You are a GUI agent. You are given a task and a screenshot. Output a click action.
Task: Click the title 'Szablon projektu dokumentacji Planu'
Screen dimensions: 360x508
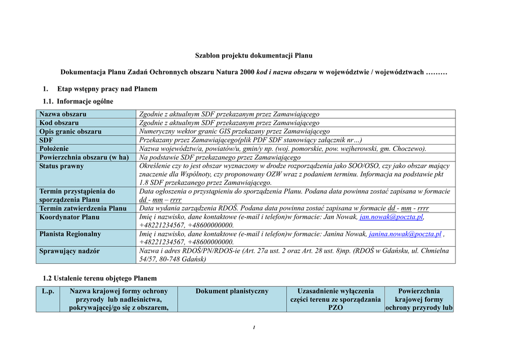(x=254, y=56)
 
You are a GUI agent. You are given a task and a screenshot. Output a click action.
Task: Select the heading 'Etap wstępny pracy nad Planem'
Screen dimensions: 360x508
(x=107, y=89)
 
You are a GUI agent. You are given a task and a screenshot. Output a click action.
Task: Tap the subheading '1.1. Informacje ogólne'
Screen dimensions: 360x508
(x=78, y=101)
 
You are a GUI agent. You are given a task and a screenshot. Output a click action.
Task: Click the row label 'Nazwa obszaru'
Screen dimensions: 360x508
(x=63, y=114)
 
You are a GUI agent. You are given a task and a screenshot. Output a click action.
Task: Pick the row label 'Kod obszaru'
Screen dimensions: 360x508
(x=59, y=123)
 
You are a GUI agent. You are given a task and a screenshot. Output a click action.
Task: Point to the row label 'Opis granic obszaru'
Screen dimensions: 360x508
(x=70, y=132)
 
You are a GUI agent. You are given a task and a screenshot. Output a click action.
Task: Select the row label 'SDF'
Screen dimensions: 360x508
(x=46, y=140)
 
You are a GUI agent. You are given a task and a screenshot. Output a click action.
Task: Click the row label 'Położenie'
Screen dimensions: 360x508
(x=54, y=148)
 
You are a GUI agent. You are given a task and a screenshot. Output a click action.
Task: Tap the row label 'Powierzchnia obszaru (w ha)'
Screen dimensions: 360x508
(x=84, y=157)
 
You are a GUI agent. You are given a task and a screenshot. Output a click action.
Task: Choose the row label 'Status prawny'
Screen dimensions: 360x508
(x=62, y=166)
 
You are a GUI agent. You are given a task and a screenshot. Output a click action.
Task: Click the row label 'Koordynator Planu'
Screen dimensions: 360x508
(x=69, y=217)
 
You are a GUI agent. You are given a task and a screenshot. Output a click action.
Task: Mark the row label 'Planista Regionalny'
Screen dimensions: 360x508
(x=70, y=234)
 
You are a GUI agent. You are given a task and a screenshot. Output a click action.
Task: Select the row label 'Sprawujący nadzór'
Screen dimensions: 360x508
(x=69, y=251)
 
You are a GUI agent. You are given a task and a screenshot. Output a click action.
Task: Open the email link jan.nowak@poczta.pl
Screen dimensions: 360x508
(x=391, y=217)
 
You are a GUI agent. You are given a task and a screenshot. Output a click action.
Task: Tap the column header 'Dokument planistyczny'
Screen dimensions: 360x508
(x=232, y=291)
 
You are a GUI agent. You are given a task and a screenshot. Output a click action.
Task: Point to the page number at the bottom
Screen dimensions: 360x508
(x=254, y=327)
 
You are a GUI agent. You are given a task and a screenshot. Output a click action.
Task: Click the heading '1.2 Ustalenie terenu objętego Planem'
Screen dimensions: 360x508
(x=100, y=278)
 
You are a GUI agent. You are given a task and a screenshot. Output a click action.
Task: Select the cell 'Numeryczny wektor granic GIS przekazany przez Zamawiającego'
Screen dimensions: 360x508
(x=234, y=132)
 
